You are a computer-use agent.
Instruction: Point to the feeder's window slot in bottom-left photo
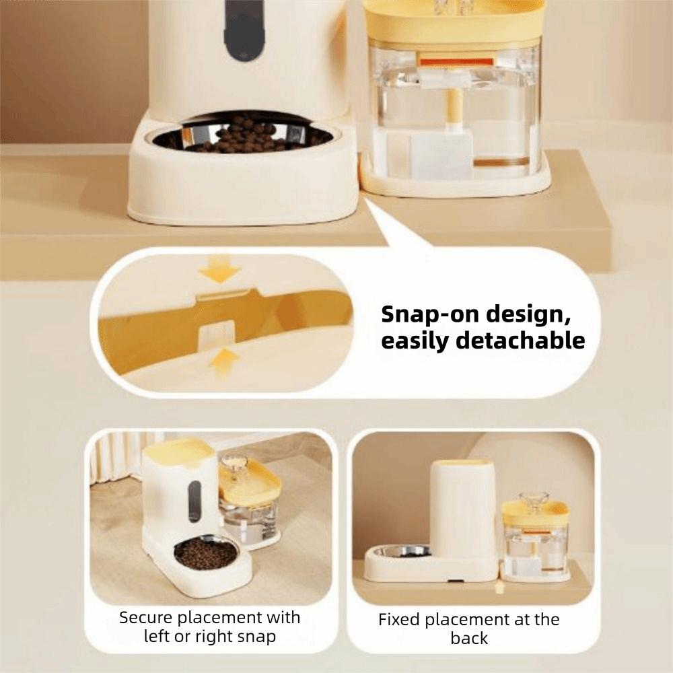click(194, 501)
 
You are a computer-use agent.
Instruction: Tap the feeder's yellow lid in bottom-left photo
click(177, 450)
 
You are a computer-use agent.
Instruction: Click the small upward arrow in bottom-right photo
click(498, 588)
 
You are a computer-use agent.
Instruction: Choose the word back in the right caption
click(469, 639)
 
